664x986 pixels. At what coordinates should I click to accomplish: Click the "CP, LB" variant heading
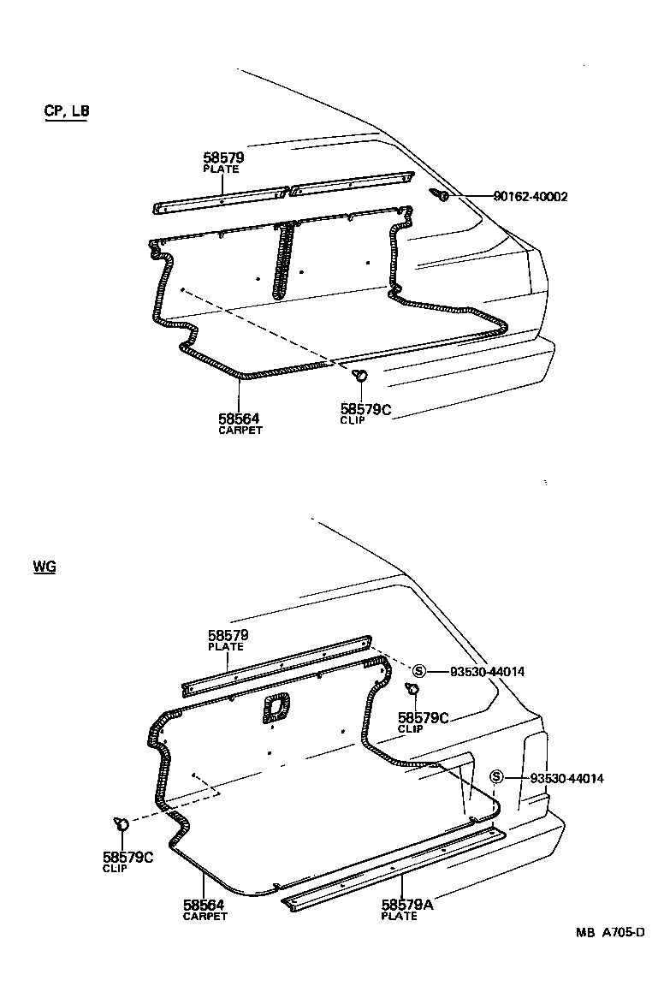pyautogui.click(x=66, y=111)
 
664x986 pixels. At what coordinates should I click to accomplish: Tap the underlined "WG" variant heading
pyautogui.click(x=44, y=567)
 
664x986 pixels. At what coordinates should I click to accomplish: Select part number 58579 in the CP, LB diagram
pyautogui.click(x=223, y=157)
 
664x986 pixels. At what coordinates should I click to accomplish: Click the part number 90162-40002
pyautogui.click(x=531, y=197)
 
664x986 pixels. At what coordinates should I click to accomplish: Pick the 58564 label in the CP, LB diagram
pyautogui.click(x=239, y=419)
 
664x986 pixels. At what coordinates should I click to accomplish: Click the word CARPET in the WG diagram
pyautogui.click(x=205, y=916)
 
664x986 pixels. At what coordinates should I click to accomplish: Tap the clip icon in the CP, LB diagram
pyautogui.click(x=361, y=375)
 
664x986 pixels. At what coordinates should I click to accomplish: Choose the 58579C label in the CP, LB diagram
pyautogui.click(x=365, y=410)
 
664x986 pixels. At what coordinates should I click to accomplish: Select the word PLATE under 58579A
pyautogui.click(x=400, y=916)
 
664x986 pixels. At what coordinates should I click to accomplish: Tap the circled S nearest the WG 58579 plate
pyautogui.click(x=419, y=671)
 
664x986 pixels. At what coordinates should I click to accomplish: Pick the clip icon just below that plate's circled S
pyautogui.click(x=412, y=690)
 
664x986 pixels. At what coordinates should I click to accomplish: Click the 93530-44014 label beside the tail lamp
pyautogui.click(x=567, y=778)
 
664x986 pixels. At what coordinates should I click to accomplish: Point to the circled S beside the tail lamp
pyautogui.click(x=495, y=777)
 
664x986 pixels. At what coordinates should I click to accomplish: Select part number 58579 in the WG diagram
pyautogui.click(x=228, y=635)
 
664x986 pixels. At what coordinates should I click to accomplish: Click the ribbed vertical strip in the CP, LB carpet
pyautogui.click(x=283, y=260)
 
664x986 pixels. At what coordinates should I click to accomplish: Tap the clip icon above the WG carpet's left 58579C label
pyautogui.click(x=121, y=824)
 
